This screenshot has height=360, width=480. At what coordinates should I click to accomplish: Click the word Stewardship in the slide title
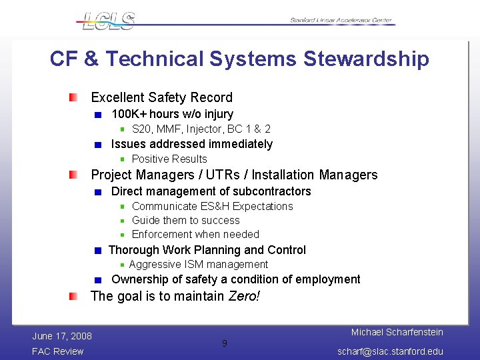pos(366,59)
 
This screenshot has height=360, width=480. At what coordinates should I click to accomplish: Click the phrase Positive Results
pos(169,159)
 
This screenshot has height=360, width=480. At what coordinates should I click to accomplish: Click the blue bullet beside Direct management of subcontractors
pos(98,192)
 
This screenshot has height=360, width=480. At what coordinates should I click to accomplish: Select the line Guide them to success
pos(185,220)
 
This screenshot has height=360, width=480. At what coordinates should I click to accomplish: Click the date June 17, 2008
pos(61,335)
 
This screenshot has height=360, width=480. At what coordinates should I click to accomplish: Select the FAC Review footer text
pos(58,351)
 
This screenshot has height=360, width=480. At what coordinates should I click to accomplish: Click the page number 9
pos(224,343)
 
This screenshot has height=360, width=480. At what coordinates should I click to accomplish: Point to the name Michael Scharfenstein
pos(397,332)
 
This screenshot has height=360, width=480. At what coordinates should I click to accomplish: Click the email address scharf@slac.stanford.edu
pos(390,351)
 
